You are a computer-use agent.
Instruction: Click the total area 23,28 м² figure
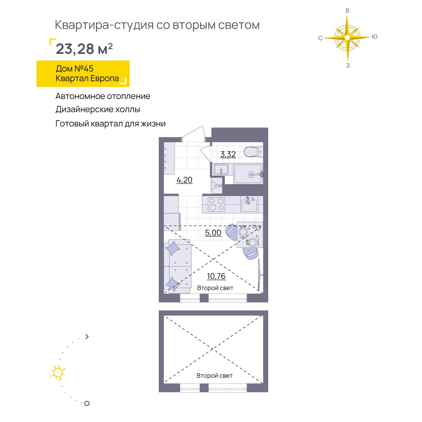tap(84, 49)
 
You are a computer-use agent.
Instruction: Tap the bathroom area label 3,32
tap(228, 154)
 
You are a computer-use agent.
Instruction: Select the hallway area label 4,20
tap(184, 180)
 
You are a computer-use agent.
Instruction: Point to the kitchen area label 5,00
tap(213, 233)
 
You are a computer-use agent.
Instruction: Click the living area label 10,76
tap(216, 276)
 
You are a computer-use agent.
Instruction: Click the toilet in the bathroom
tap(253, 152)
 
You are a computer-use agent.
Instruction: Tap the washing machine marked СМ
tap(217, 185)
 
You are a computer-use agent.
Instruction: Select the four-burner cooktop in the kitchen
tap(217, 204)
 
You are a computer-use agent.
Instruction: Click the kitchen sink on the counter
tap(249, 204)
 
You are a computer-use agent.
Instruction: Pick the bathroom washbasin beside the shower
tap(221, 170)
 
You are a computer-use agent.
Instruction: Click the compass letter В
tap(347, 11)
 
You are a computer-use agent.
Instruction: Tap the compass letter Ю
tap(375, 37)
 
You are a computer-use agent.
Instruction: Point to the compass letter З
tap(348, 65)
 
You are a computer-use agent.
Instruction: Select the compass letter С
tap(320, 38)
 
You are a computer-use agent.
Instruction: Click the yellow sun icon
tap(58, 373)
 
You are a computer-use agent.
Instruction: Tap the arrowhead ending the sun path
tap(87, 337)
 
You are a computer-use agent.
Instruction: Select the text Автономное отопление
tap(103, 96)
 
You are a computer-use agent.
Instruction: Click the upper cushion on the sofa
tap(173, 248)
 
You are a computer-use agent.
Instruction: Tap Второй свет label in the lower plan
tap(214, 376)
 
